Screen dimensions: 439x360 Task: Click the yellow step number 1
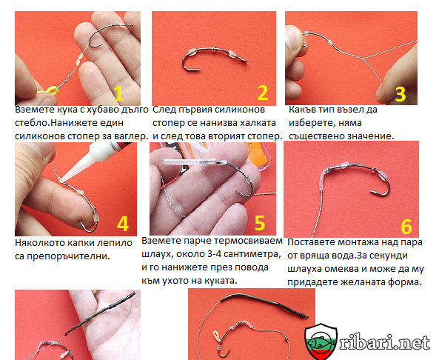(118, 93)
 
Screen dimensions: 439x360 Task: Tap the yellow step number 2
(263, 93)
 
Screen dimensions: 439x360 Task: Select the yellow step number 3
(400, 94)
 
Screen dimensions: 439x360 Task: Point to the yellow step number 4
(123, 224)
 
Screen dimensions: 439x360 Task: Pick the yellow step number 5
(260, 223)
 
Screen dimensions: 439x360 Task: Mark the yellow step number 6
(406, 227)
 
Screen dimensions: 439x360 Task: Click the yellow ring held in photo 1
(50, 91)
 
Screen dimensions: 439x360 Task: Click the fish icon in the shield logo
(321, 339)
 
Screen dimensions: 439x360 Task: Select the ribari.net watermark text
(384, 341)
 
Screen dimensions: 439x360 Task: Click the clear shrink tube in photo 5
(193, 163)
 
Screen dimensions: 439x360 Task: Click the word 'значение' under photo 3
(367, 136)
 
